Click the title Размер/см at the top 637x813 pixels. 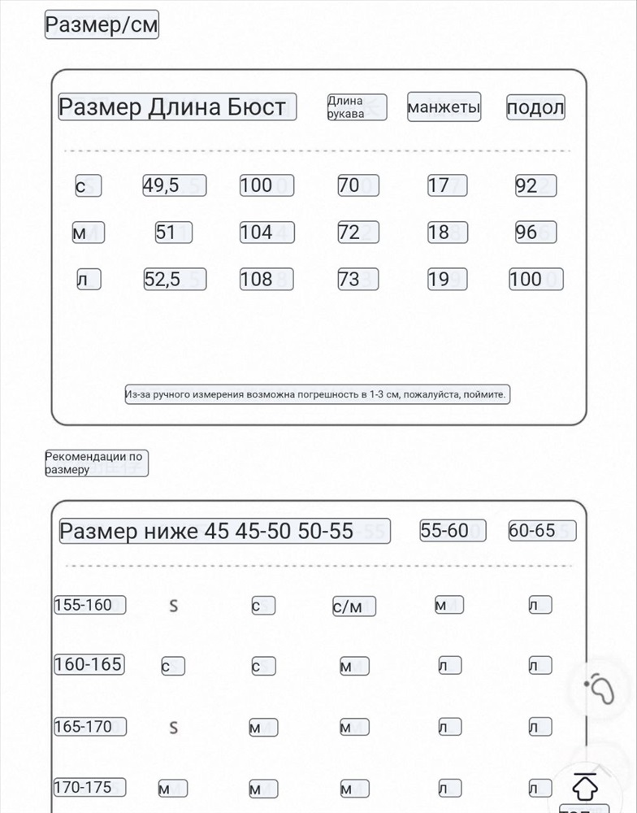102,25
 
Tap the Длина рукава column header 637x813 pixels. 356,107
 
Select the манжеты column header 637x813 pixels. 444,107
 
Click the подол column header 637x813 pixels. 535,107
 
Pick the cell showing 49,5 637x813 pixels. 174,185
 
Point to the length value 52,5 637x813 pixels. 174,280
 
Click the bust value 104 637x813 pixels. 266,233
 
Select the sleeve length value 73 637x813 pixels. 358,280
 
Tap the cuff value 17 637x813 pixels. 448,185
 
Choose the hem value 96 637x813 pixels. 535,233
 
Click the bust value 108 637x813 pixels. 266,280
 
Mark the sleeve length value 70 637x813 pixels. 358,185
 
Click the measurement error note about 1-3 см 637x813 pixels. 317,395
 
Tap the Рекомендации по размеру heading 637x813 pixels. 96,463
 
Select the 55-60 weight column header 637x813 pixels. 453,531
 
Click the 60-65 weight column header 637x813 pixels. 541,531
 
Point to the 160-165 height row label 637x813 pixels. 89,664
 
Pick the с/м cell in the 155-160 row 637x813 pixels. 354,606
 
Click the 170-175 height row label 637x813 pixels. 89,787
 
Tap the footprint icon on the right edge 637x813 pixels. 602,690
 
